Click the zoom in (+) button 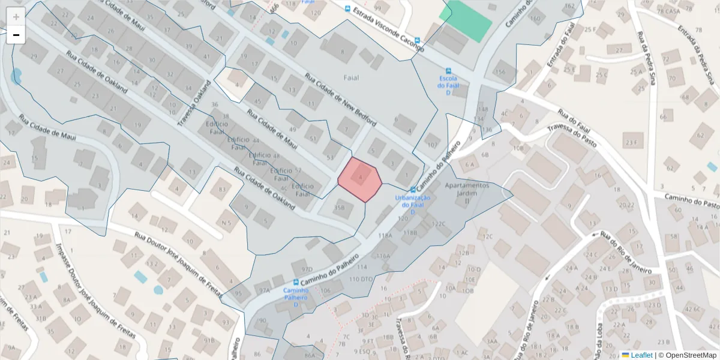16,17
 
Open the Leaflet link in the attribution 641,355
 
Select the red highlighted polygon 359,179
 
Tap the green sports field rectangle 466,20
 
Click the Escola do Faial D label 448,85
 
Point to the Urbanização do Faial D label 413,205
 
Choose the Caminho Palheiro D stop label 295,297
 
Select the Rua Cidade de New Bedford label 340,100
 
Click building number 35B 340,208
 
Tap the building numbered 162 571,7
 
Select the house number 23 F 630,143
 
